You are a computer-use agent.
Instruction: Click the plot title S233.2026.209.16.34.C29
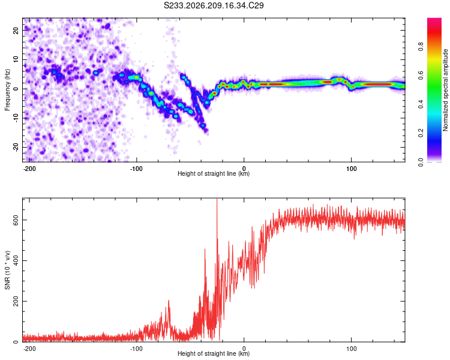click(214, 5)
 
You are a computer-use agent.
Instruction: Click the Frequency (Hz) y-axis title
click(7, 90)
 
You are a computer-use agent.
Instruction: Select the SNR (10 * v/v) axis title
click(7, 270)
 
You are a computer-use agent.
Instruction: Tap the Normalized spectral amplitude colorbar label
click(445, 90)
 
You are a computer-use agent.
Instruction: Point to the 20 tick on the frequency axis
click(16, 30)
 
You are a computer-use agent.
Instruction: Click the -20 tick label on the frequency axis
click(16, 147)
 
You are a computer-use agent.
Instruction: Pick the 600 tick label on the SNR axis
click(16, 220)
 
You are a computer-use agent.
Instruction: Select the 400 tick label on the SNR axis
click(16, 260)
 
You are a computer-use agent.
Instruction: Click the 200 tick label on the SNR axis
click(16, 301)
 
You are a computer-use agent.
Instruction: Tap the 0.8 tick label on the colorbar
click(421, 47)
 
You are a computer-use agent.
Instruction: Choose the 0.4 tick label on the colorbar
click(421, 104)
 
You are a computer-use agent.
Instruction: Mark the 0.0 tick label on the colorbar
click(421, 162)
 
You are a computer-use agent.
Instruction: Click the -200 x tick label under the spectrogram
click(29, 169)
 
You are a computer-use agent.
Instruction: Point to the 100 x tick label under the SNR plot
click(351, 349)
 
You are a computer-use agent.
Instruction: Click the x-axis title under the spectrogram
click(214, 173)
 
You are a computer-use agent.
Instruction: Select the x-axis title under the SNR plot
click(214, 353)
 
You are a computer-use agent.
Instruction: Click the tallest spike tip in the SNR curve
click(217, 199)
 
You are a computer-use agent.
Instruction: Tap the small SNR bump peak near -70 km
click(169, 300)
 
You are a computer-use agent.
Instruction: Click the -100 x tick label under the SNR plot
click(136, 349)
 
